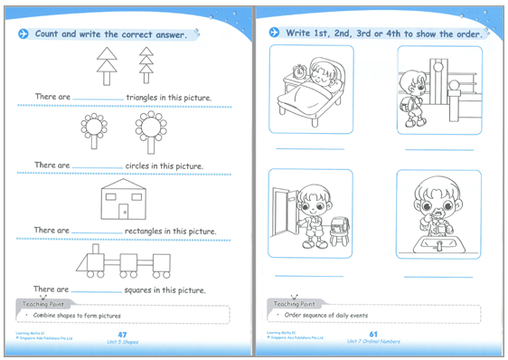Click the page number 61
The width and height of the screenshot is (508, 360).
[372, 335]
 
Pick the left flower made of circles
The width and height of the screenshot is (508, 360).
[94, 131]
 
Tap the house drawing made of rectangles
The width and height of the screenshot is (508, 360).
[123, 200]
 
